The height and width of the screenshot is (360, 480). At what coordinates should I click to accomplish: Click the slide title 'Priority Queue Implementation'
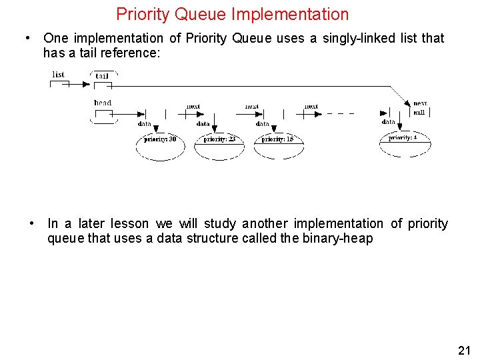click(x=232, y=14)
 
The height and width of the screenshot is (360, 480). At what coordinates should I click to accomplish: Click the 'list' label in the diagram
click(x=59, y=75)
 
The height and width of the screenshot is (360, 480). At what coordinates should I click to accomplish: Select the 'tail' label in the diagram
click(x=102, y=76)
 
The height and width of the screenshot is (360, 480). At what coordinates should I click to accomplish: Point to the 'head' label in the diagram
click(x=103, y=103)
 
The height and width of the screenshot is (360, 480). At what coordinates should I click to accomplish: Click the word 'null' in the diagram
click(x=419, y=112)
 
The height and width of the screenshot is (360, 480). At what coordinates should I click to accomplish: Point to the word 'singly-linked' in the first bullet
click(x=361, y=38)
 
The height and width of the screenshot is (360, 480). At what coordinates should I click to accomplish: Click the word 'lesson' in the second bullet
click(x=131, y=224)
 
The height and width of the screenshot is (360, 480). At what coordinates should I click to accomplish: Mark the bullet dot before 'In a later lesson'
click(x=31, y=223)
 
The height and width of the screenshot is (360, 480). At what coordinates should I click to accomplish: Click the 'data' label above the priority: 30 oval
click(x=145, y=124)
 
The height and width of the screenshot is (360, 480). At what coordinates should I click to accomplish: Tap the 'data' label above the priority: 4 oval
click(x=389, y=122)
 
